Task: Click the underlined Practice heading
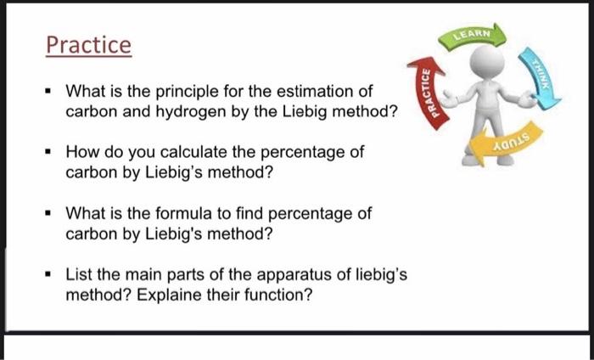tap(89, 44)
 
